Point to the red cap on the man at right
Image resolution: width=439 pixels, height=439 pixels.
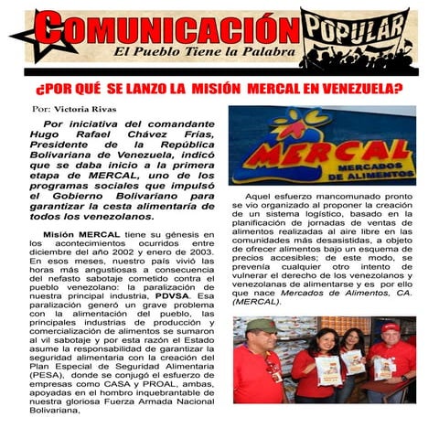[391, 327]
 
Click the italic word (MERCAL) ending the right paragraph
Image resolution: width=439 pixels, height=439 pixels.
[258, 300]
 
